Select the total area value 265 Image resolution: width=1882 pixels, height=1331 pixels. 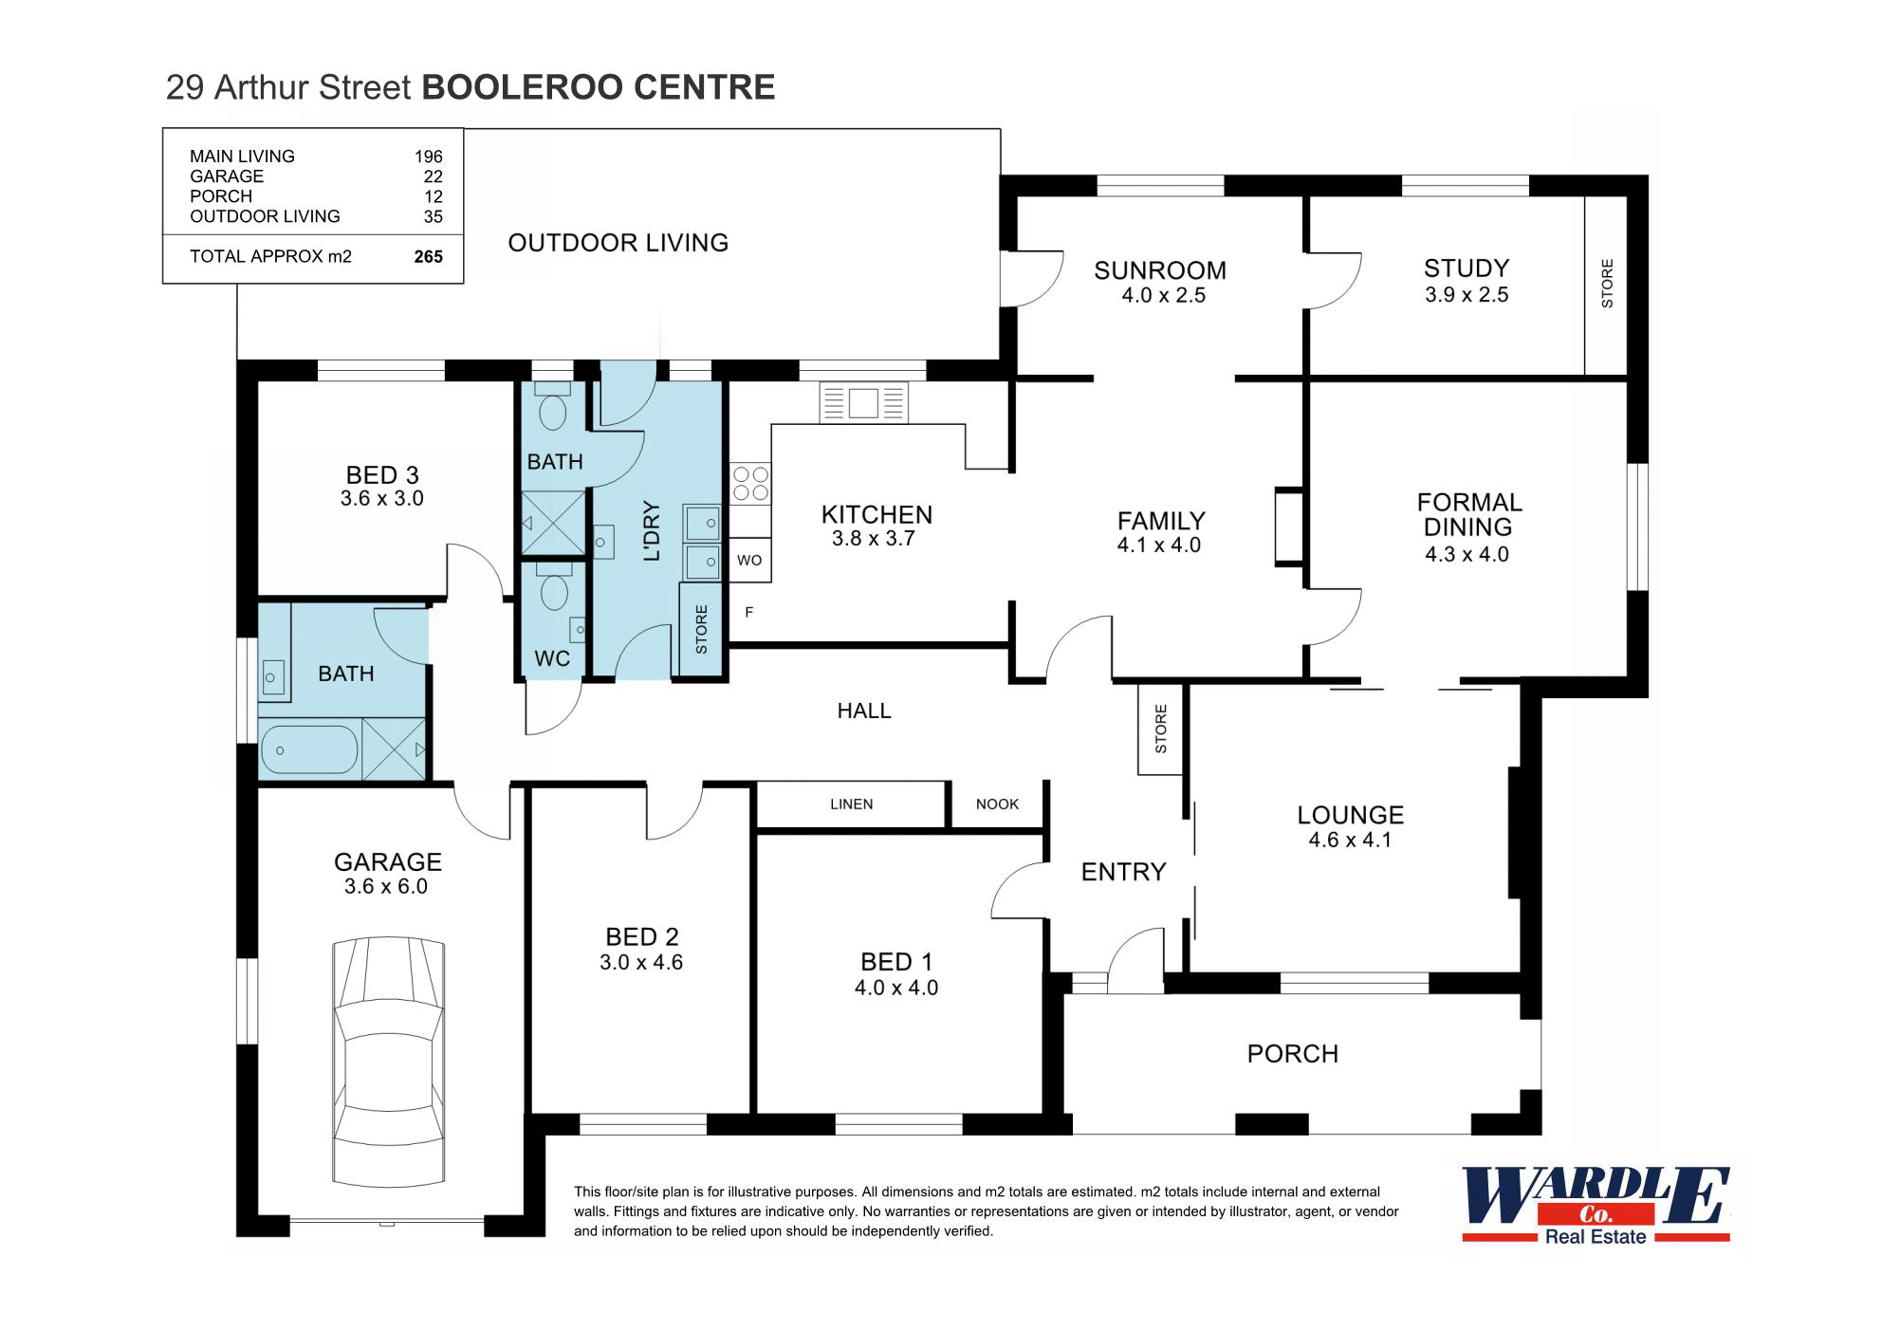(x=428, y=256)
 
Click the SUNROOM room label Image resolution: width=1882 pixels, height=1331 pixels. (x=1159, y=270)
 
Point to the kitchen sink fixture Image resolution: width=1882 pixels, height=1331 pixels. (x=863, y=402)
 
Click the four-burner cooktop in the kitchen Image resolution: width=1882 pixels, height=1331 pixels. (x=750, y=483)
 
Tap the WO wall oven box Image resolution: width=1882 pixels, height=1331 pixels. (x=749, y=561)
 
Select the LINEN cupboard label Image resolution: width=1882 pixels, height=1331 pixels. (x=851, y=804)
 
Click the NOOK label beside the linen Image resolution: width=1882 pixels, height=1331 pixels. (x=997, y=804)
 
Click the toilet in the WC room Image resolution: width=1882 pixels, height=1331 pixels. (x=553, y=592)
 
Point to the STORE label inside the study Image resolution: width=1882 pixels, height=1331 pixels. (x=1607, y=283)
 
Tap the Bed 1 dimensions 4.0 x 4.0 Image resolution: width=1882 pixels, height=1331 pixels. (x=895, y=989)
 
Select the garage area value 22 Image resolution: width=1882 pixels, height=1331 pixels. (x=433, y=176)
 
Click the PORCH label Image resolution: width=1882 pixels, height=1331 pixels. (x=1292, y=1054)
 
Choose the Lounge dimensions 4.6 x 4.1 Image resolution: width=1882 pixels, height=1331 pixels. (x=1349, y=840)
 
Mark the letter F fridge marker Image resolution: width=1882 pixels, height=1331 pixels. (x=748, y=613)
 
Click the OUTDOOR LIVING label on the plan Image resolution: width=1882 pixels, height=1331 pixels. (x=618, y=243)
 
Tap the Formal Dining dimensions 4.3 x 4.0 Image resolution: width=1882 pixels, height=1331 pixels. (x=1467, y=554)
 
